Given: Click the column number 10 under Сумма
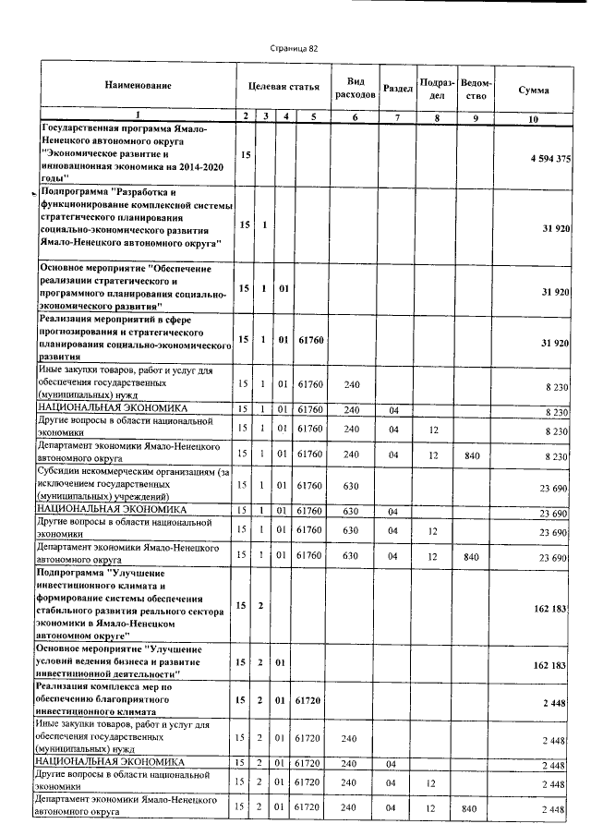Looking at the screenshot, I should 533,119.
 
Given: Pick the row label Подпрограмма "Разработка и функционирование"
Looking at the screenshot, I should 134,217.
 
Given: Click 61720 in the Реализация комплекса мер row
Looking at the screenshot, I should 306,702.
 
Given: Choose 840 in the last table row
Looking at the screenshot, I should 475,809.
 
